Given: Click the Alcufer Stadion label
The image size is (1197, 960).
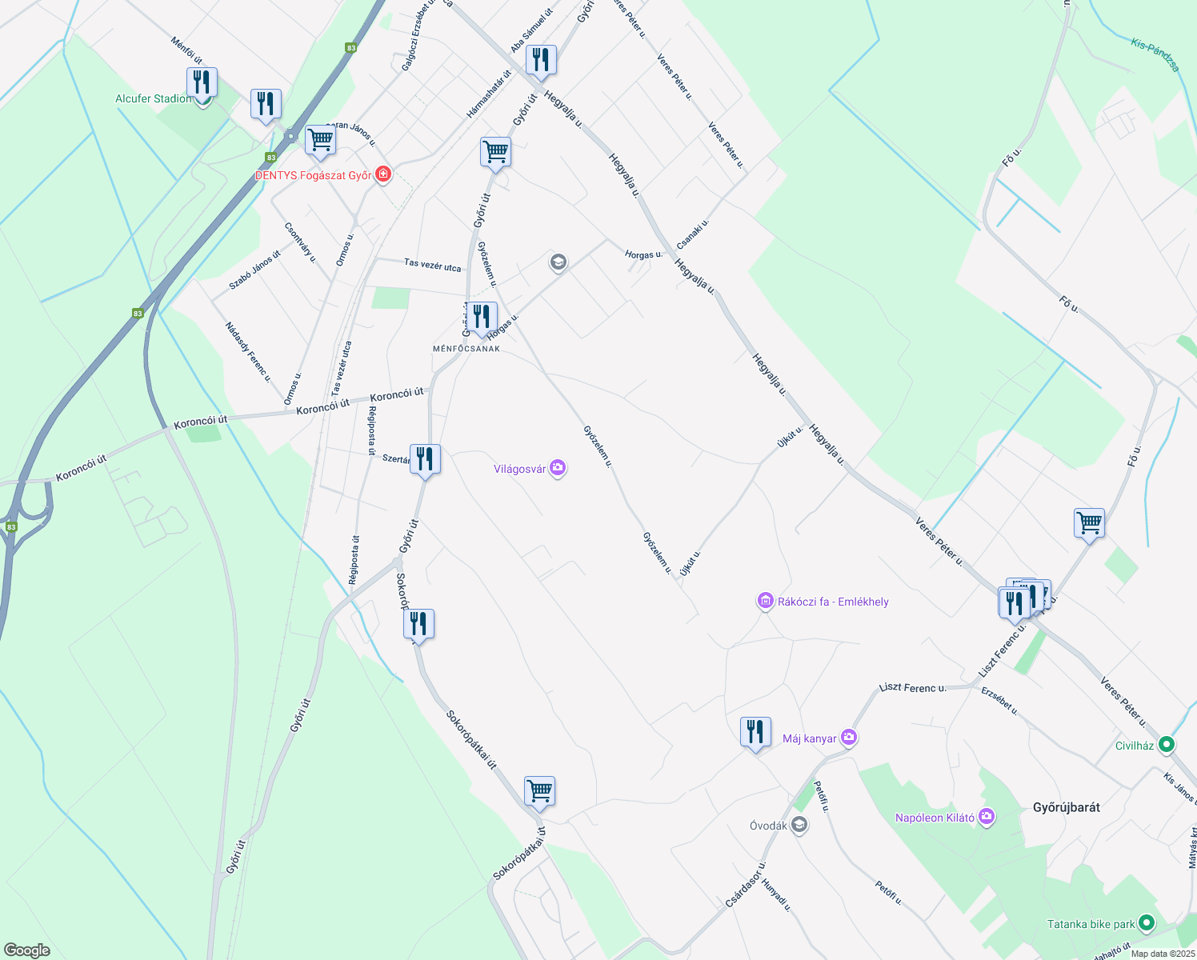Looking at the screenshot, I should tap(154, 98).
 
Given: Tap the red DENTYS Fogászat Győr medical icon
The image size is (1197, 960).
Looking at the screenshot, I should tap(383, 174).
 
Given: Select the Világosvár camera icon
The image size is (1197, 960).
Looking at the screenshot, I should tap(558, 469).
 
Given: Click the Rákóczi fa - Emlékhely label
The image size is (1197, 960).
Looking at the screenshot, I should tap(833, 602).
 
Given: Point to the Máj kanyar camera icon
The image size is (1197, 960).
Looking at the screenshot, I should tap(849, 738).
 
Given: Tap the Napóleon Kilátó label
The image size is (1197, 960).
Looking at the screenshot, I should tap(935, 818).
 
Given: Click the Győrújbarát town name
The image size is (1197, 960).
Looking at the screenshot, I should tap(1066, 807).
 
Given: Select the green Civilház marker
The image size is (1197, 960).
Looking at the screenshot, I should tap(1167, 745).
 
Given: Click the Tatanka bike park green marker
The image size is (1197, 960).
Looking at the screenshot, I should tap(1146, 923).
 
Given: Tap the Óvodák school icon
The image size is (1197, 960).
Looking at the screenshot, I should tap(799, 825).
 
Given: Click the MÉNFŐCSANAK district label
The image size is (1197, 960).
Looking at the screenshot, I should tap(466, 349).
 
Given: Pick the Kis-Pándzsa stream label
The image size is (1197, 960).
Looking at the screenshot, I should tap(1155, 54).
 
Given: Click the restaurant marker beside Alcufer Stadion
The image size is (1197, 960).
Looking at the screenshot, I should tap(202, 82).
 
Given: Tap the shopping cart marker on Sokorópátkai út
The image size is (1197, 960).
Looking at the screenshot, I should tap(540, 791).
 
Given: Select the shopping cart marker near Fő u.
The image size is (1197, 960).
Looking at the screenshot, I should tap(1089, 523).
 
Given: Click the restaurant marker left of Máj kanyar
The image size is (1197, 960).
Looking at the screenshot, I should tap(755, 731).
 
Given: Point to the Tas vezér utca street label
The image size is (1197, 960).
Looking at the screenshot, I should tap(432, 264).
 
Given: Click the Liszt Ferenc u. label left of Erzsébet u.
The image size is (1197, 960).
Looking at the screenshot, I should tap(912, 687).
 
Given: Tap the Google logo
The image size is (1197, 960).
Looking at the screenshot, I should tap(26, 950).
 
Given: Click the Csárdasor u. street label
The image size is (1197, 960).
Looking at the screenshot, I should tap(746, 884).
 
